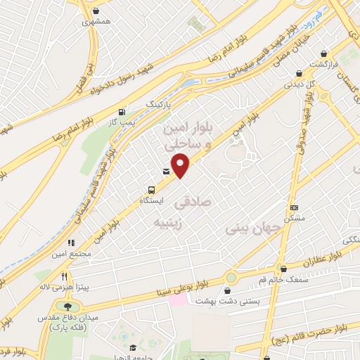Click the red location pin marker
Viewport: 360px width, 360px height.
point(181,166)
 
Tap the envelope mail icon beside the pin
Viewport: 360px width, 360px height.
point(166,171)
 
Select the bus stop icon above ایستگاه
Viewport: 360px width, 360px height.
point(150,190)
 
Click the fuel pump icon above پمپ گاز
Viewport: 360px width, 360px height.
point(123,112)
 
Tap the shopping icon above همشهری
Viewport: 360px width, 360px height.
point(96,11)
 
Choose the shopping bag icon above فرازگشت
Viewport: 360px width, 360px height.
point(323,53)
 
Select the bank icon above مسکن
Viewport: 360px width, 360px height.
point(294,207)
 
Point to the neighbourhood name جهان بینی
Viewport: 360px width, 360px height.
point(247,229)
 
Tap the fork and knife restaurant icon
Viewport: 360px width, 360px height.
point(65,276)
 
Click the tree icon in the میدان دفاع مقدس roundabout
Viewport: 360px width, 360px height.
point(67,306)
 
